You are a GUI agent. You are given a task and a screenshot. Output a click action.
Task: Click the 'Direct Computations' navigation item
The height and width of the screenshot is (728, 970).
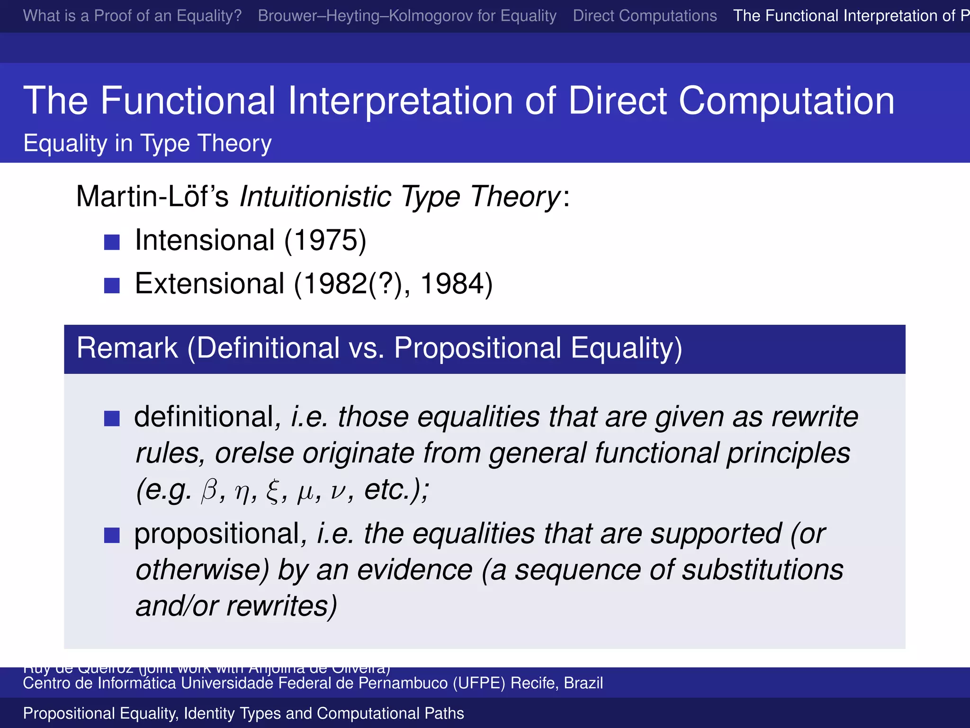pos(645,16)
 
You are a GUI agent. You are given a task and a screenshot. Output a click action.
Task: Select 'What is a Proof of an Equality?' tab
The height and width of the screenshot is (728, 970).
pos(132,16)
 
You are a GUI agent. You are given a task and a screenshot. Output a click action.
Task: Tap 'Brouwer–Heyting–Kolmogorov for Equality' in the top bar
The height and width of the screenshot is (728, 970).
pos(407,16)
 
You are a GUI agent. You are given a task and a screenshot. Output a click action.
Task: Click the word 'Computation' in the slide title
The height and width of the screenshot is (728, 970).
pos(786,100)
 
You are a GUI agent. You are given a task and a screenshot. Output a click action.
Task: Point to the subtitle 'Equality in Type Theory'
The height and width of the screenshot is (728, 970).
pos(147,143)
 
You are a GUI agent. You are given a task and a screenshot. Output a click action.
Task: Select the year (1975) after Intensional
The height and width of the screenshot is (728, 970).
pos(325,240)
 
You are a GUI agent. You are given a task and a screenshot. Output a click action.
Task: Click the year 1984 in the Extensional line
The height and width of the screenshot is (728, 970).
pos(456,284)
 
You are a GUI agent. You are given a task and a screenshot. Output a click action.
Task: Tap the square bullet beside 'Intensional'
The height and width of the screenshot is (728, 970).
pos(112,242)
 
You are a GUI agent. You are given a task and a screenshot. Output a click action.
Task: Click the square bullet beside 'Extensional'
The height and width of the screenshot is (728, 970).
pos(112,285)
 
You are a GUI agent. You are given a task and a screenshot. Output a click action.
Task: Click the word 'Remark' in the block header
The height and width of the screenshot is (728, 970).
pos(127,348)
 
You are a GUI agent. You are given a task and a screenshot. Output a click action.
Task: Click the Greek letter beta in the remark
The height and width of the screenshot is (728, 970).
pos(209,490)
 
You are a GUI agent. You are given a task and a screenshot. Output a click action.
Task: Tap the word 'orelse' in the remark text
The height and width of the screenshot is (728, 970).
pos(254,453)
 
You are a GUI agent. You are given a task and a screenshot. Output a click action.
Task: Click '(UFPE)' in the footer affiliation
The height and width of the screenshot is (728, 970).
pos(479,683)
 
